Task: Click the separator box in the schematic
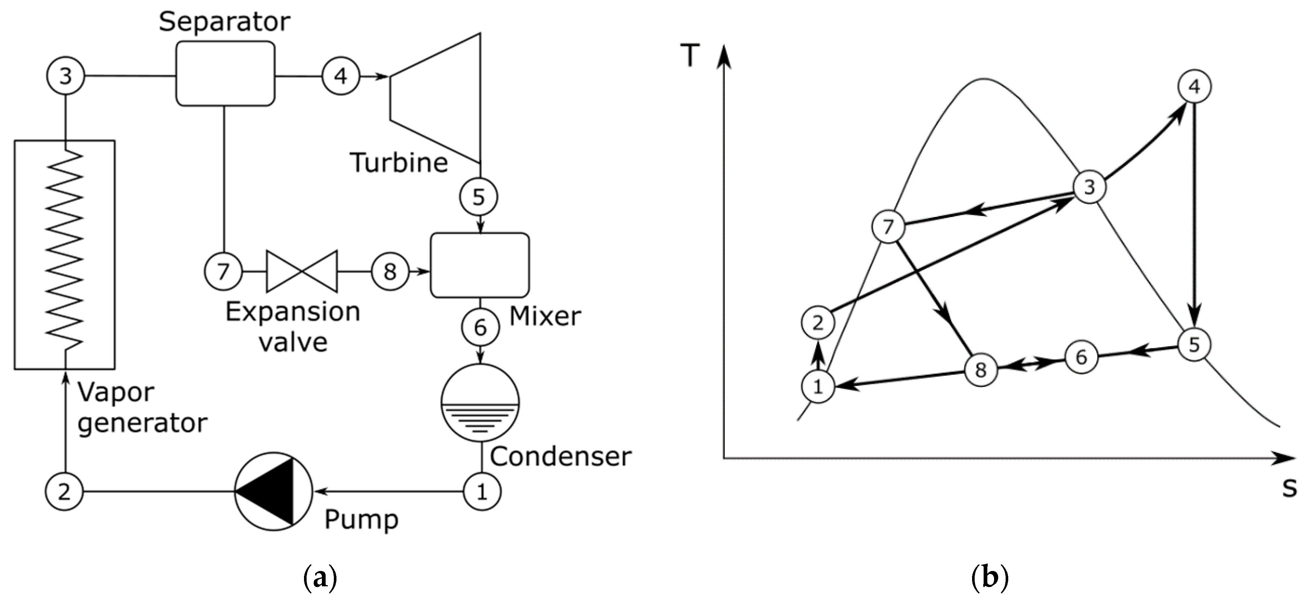(225, 74)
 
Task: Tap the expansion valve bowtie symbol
(301, 271)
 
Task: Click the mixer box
(480, 265)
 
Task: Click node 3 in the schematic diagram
(66, 76)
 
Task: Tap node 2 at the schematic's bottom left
(64, 491)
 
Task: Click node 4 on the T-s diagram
(1194, 87)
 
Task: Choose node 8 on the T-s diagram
(981, 370)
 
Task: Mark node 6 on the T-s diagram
(1081, 357)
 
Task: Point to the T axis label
(690, 56)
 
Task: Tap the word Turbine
(399, 163)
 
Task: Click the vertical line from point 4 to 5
(1194, 214)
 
